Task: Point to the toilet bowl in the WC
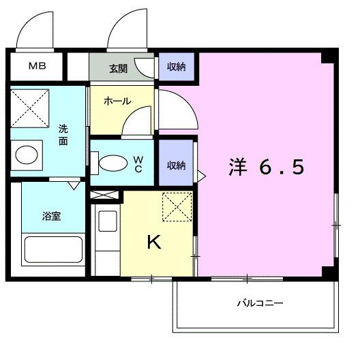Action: [x=113, y=163]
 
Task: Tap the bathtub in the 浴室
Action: [x=53, y=252]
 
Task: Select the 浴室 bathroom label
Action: [x=52, y=217]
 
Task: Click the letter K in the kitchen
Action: [x=155, y=242]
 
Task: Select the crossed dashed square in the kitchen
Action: [x=177, y=207]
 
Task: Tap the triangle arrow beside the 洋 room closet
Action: [x=200, y=175]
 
